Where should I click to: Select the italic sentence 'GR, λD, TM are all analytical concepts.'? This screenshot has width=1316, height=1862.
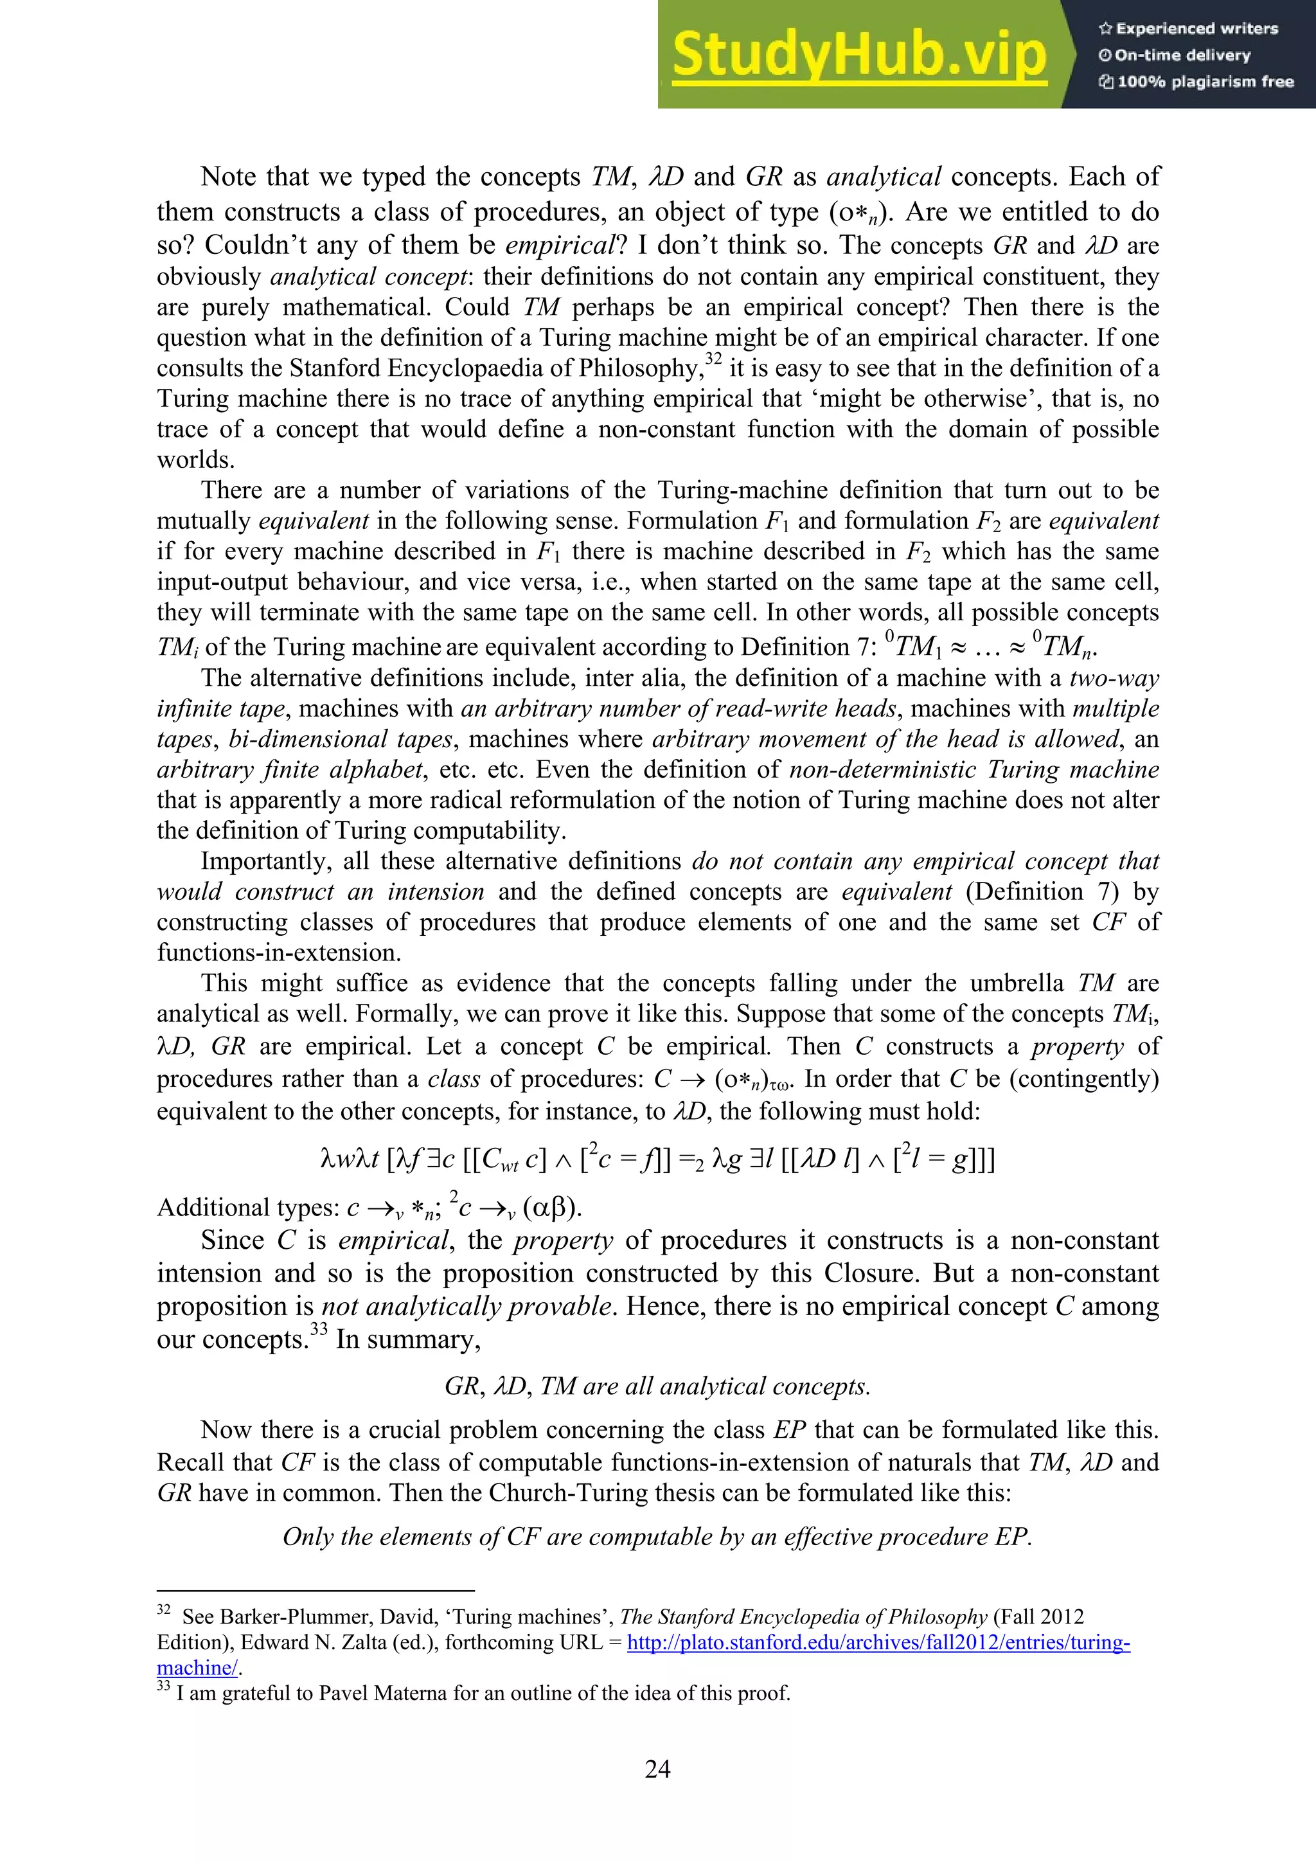coord(657,1386)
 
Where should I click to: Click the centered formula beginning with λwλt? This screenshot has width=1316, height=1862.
coord(657,1158)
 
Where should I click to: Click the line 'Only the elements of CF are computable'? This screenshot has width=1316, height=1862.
coord(657,1537)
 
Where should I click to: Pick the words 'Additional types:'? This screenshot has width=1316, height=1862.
coord(248,1208)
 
